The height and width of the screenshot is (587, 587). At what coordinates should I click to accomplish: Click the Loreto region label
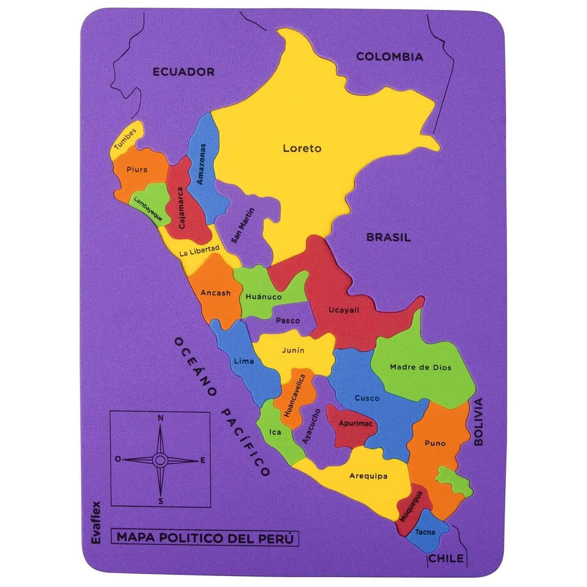[x=302, y=148]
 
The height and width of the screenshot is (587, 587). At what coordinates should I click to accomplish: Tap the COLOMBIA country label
[x=390, y=57]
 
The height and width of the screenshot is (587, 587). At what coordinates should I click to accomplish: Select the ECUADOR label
[x=183, y=71]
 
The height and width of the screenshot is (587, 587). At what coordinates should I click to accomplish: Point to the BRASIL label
[x=388, y=237]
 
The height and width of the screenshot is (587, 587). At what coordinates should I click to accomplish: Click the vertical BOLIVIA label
[x=478, y=422]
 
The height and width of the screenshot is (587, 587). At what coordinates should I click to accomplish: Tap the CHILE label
[x=446, y=558]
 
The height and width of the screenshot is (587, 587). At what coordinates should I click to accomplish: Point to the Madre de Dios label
[x=420, y=367]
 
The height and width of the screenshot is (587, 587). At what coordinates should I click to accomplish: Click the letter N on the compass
[x=160, y=418]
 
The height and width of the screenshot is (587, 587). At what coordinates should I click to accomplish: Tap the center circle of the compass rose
[x=160, y=460]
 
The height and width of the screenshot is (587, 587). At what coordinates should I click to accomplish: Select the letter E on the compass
[x=203, y=460]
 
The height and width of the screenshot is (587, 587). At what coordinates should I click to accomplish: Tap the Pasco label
[x=287, y=320]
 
